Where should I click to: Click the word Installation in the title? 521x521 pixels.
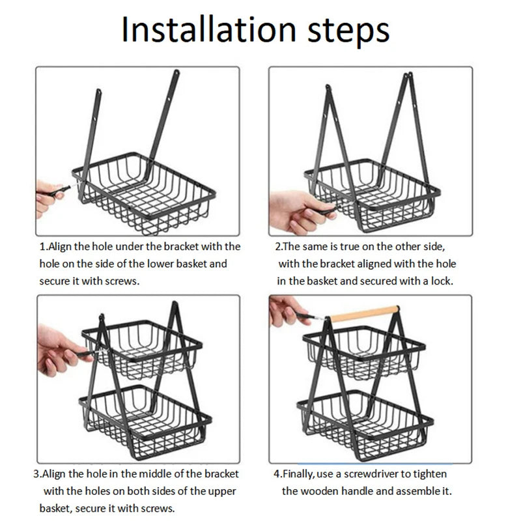point(208,29)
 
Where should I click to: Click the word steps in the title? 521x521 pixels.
point(348,32)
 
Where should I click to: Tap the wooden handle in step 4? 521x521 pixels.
point(365,314)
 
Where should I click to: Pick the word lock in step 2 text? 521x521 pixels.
point(442,281)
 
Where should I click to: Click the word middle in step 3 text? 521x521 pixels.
point(156,473)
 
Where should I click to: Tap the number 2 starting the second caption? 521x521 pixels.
point(278,247)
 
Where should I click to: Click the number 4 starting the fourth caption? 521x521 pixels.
point(277,474)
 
